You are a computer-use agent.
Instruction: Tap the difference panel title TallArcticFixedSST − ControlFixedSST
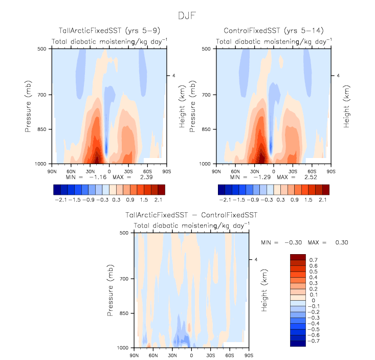tap(191, 215)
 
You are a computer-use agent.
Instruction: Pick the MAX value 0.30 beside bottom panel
tap(341, 242)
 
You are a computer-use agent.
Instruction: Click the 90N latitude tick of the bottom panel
tap(134, 354)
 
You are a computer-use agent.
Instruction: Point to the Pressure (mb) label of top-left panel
tap(29, 106)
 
